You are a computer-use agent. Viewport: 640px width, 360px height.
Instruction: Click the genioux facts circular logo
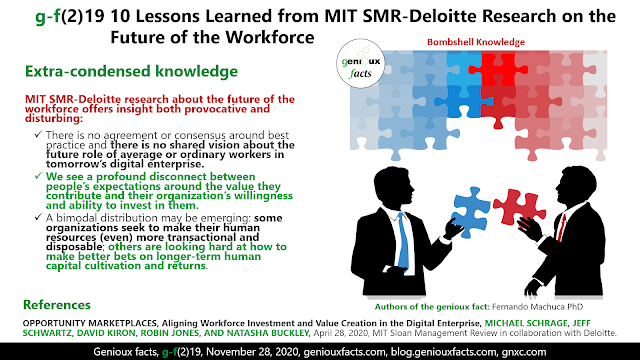[360, 64]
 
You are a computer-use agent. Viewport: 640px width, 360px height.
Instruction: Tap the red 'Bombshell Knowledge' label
[476, 42]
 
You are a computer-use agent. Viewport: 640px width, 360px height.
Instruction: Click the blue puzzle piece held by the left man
[471, 212]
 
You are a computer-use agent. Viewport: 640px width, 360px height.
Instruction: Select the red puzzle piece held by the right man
[519, 207]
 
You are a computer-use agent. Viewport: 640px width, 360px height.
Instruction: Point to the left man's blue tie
[403, 241]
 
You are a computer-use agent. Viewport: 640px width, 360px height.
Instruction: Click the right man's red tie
[562, 227]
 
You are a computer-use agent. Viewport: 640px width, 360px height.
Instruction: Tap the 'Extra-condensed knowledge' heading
[131, 71]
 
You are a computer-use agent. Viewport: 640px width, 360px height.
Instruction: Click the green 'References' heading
[57, 305]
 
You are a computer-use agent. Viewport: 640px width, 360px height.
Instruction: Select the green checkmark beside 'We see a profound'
[39, 176]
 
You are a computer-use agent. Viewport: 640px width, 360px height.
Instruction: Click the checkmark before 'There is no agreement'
[39, 134]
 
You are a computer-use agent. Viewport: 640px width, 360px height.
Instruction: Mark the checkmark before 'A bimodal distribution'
[39, 217]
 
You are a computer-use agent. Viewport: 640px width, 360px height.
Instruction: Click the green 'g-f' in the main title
[48, 17]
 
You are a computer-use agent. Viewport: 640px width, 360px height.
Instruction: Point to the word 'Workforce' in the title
[270, 38]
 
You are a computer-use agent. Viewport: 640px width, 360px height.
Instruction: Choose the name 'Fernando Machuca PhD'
[538, 307]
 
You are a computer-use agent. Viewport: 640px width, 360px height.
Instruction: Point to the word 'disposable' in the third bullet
[74, 247]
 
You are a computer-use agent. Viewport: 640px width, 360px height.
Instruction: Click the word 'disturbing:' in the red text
[54, 118]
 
